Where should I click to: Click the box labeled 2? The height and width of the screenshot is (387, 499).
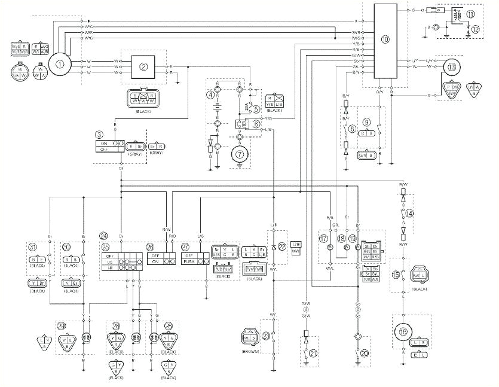pyautogui.click(x=143, y=66)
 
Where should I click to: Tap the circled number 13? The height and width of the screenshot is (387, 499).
pyautogui.click(x=452, y=67)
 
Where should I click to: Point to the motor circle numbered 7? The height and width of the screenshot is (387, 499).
pyautogui.click(x=240, y=153)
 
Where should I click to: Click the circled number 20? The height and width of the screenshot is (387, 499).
pyautogui.click(x=365, y=354)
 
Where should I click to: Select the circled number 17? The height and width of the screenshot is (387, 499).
pyautogui.click(x=323, y=238)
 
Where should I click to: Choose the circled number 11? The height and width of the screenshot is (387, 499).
pyautogui.click(x=471, y=13)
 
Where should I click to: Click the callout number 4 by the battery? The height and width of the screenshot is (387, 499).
pyautogui.click(x=210, y=95)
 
